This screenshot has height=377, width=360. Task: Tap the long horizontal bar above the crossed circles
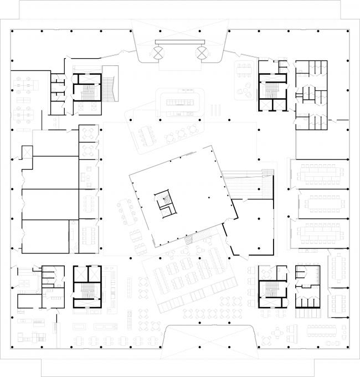(179, 42)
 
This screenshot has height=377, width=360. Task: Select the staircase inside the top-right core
(272, 89)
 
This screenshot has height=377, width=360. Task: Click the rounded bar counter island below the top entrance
(181, 102)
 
